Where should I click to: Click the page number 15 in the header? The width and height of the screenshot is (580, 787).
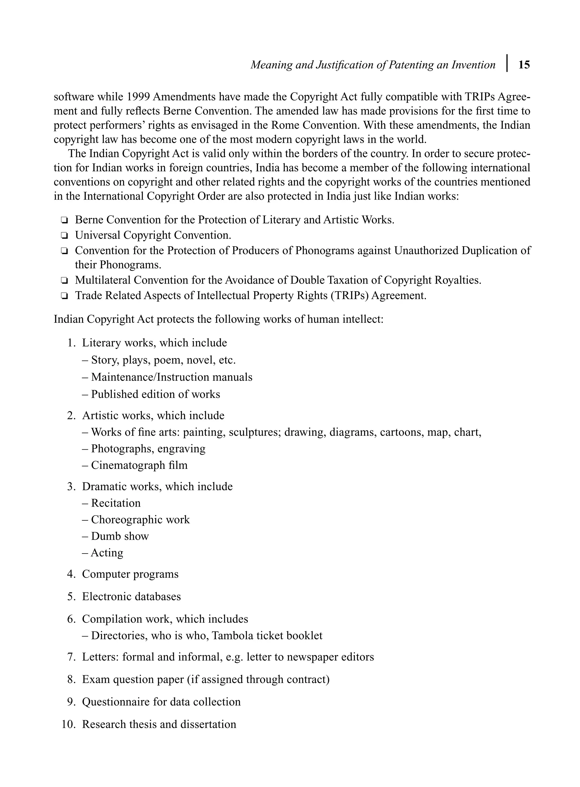click(x=524, y=65)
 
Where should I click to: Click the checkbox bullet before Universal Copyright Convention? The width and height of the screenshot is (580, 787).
click(x=64, y=235)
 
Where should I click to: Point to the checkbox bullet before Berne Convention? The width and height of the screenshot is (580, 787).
click(x=64, y=220)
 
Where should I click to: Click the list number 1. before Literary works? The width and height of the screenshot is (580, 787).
click(x=71, y=343)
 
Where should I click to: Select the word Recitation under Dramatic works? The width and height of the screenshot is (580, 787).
click(x=116, y=503)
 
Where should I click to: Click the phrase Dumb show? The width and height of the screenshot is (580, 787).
click(x=120, y=536)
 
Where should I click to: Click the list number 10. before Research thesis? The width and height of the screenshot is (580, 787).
click(x=69, y=724)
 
